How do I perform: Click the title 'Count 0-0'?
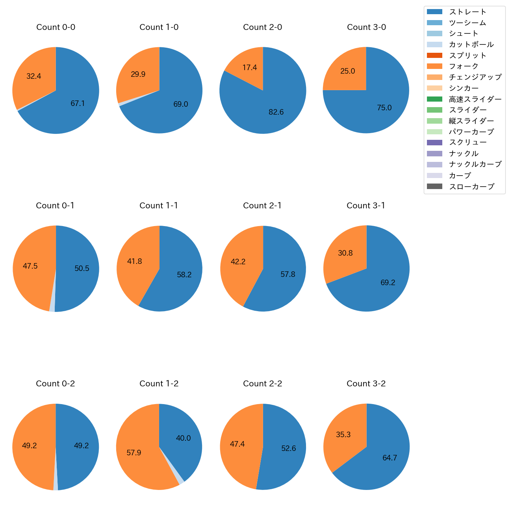(56, 27)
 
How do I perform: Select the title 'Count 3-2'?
(366, 384)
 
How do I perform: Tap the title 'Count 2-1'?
(262, 206)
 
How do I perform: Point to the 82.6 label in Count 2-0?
(276, 112)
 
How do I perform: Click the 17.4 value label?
(250, 68)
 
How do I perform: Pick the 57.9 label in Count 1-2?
(134, 453)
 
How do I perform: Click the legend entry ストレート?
(467, 12)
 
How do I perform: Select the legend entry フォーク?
(464, 66)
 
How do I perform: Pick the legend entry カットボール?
(471, 45)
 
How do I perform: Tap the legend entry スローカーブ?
(471, 187)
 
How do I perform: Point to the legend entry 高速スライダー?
(475, 99)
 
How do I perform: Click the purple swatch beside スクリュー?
(434, 143)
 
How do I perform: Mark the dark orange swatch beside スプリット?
(434, 56)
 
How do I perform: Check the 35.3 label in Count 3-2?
(343, 435)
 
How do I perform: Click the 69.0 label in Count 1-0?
(181, 104)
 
